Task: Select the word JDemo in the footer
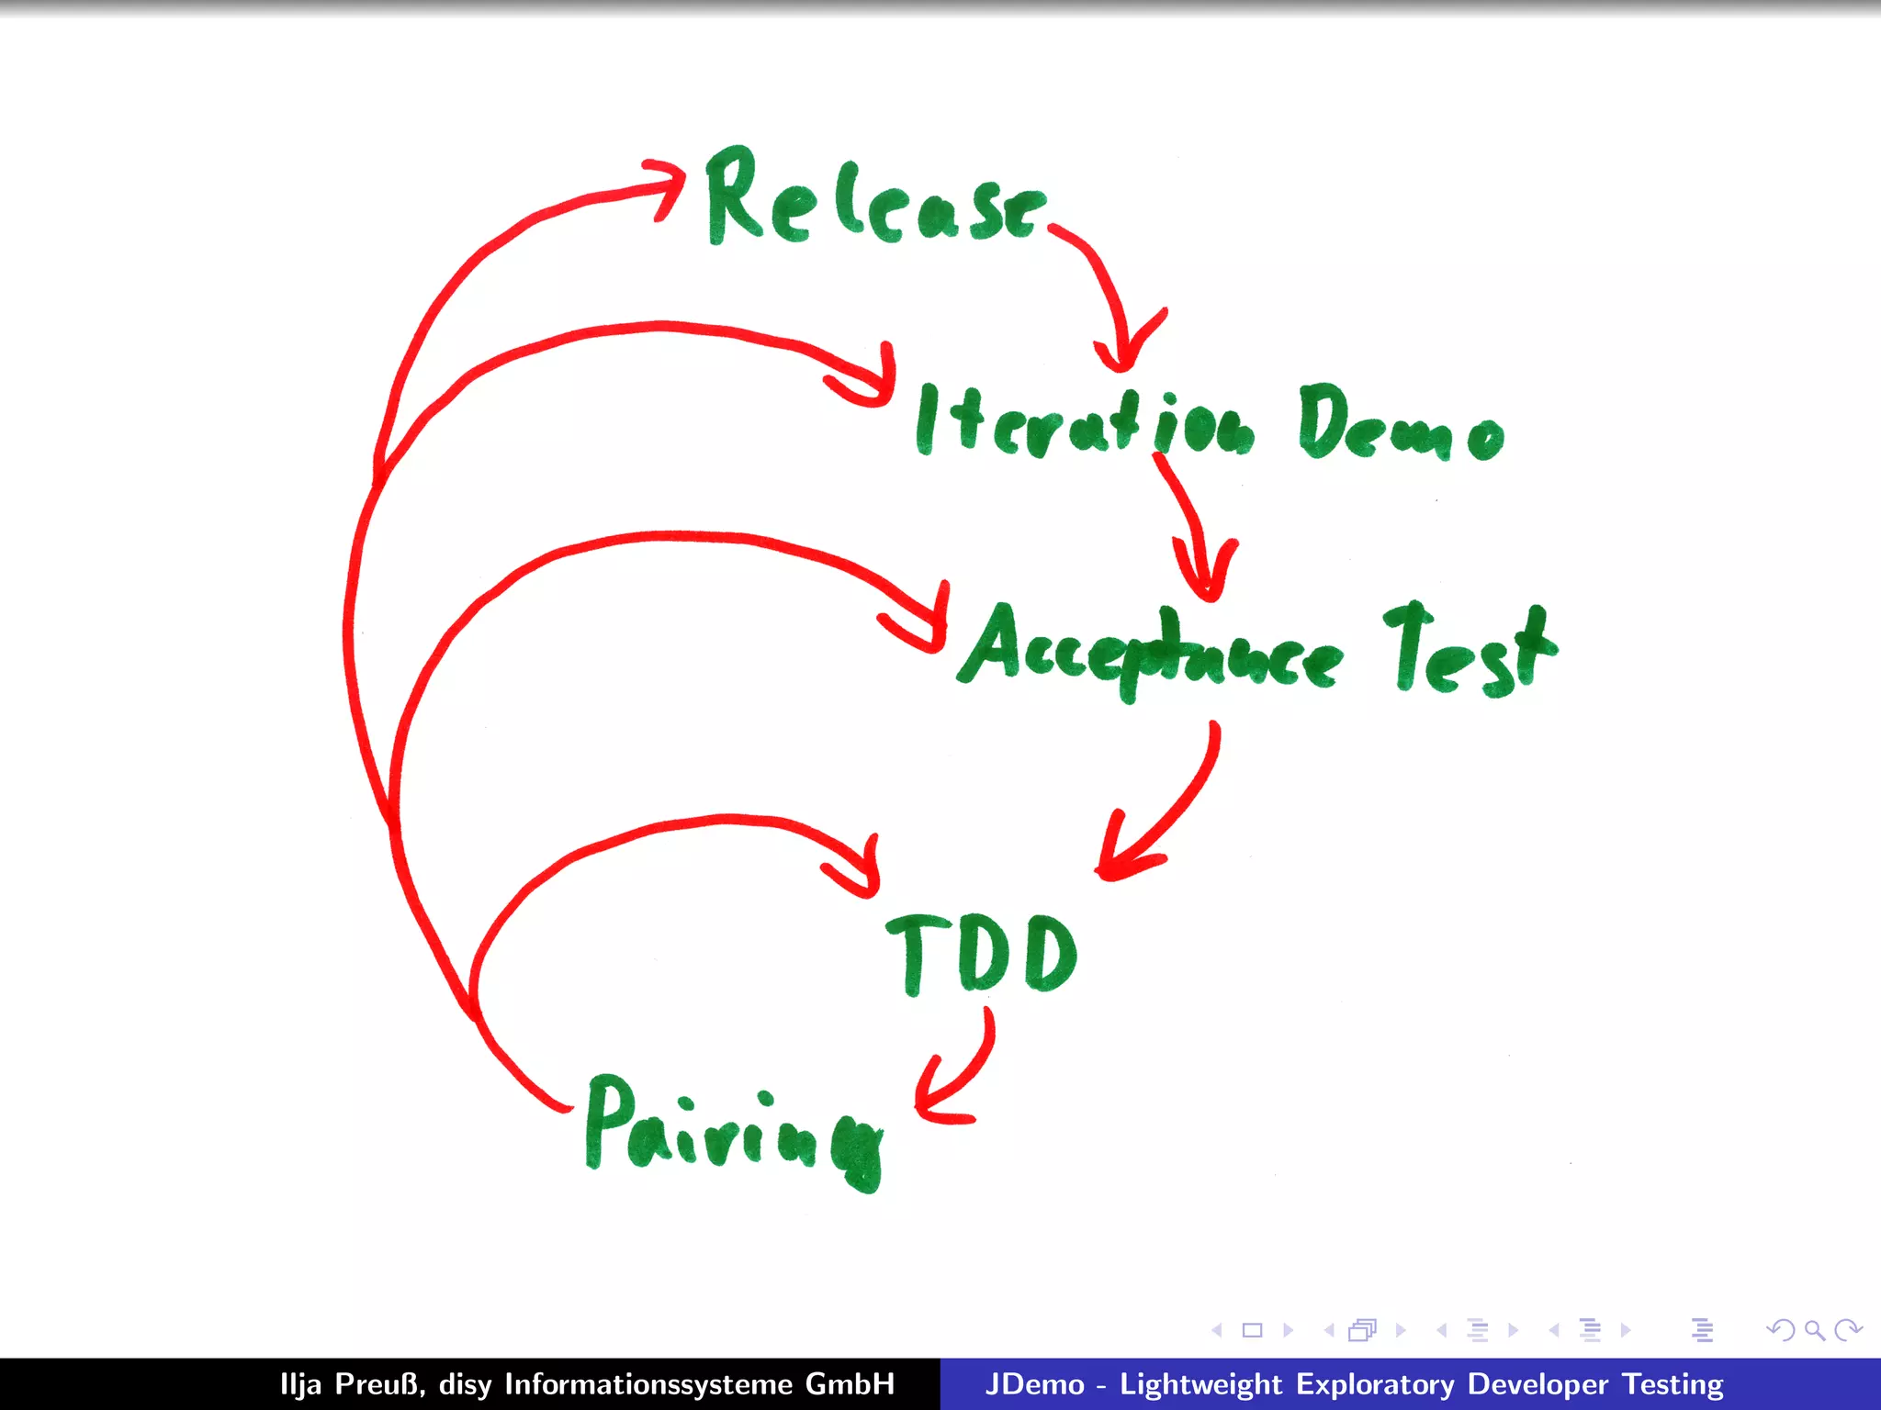coord(1034,1384)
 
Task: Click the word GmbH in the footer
coord(850,1384)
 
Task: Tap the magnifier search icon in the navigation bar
coord(1814,1329)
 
